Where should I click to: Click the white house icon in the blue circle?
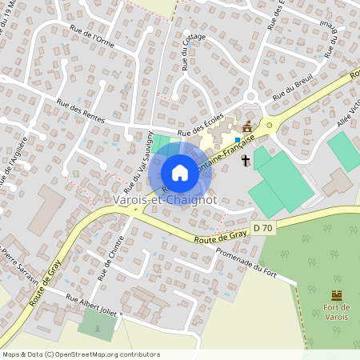tap(180, 173)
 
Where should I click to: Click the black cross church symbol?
tap(245, 161)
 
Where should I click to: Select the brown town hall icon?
tap(246, 127)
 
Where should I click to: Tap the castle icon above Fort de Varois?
tap(337, 295)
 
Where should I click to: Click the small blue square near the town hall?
tap(238, 140)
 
